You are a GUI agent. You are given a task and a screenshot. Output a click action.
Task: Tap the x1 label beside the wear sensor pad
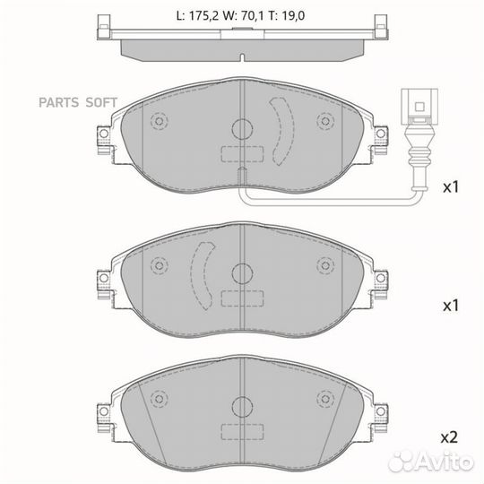(x=450, y=187)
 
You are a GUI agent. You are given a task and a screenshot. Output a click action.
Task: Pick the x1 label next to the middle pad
(x=450, y=305)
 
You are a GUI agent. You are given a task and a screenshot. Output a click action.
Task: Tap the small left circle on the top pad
(x=160, y=121)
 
